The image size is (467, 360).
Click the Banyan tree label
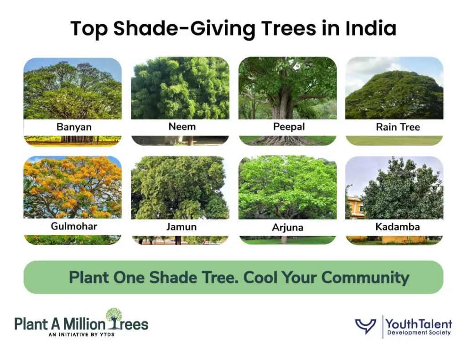click(x=72, y=127)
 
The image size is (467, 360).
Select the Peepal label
click(x=288, y=126)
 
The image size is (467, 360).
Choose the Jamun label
click(x=181, y=227)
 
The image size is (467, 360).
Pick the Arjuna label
click(x=287, y=227)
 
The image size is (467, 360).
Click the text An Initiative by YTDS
click(x=81, y=334)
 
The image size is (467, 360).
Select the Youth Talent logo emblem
click(x=366, y=326)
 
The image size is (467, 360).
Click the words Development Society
click(x=419, y=333)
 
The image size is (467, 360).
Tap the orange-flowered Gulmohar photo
click(x=72, y=187)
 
